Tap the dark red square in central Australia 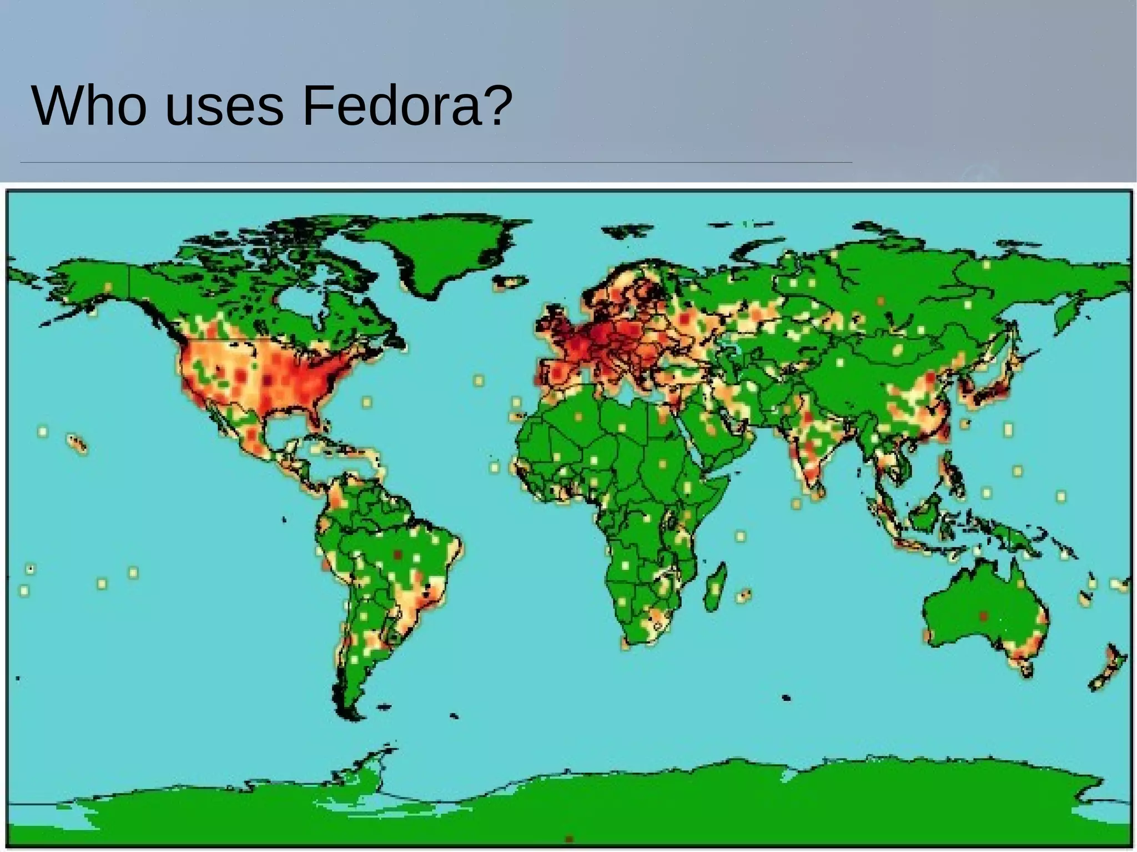click(983, 616)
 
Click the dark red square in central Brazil click(397, 554)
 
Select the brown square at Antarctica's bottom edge click(568, 839)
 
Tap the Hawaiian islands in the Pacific click(78, 443)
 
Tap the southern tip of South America click(348, 708)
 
